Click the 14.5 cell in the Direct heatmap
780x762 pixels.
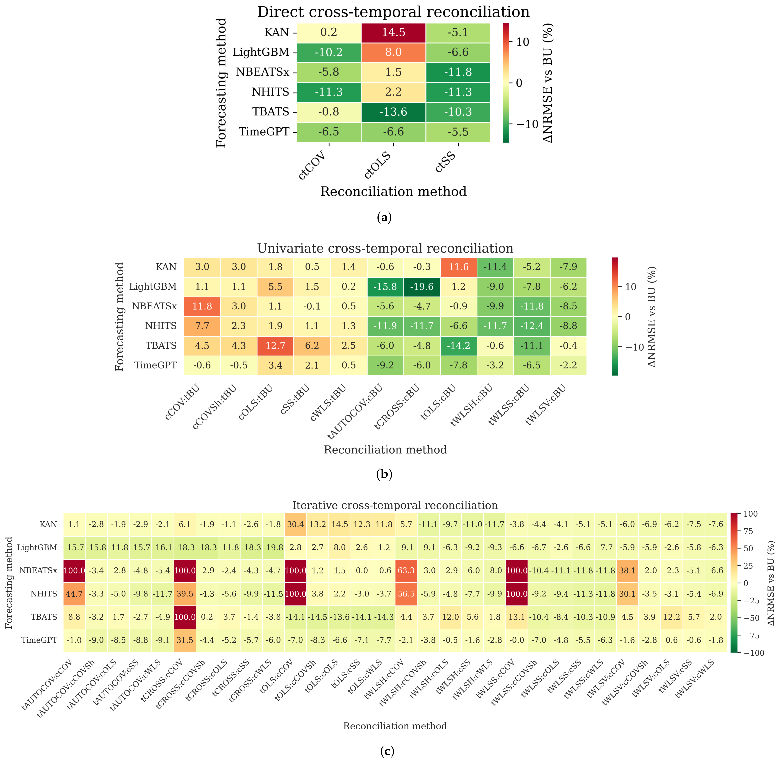[393, 32]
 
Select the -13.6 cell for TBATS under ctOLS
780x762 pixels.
[393, 112]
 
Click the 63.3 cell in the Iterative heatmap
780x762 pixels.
[406, 570]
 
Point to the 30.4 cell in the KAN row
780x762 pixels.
[295, 524]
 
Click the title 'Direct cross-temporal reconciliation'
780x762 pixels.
[393, 12]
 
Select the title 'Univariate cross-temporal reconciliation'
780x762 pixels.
[385, 249]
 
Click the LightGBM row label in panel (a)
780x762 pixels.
[261, 52]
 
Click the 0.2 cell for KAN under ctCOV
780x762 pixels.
[329, 32]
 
